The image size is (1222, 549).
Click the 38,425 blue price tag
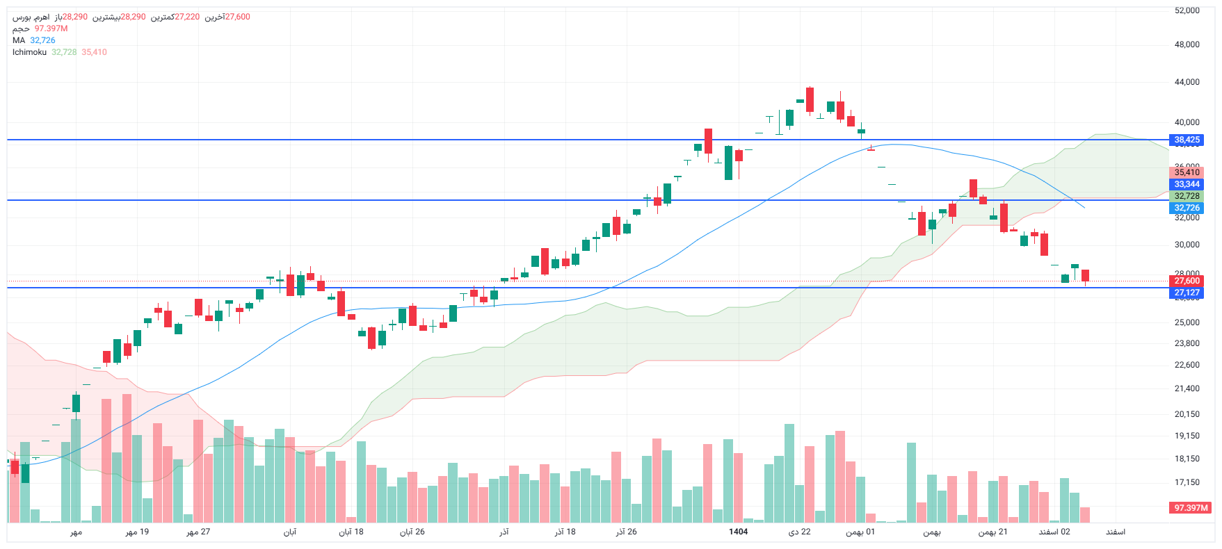pos(1187,140)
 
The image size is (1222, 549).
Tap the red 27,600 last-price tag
pos(1187,281)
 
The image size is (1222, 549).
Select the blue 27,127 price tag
pos(1187,293)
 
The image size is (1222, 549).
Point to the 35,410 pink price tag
pos(1187,172)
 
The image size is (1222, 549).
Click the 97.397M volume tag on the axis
pos(1191,508)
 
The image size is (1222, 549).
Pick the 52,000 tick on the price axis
pos(1187,10)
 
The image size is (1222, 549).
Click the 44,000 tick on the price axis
pos(1187,82)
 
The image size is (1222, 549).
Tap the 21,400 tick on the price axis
pos(1187,388)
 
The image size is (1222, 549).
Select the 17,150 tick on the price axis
pos(1187,482)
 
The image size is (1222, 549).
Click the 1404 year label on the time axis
pos(738,532)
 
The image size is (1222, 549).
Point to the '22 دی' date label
pos(799,532)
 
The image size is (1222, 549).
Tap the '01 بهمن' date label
pos(860,532)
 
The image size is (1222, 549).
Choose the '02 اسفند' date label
pos(1054,532)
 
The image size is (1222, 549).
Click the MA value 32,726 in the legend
pos(42,40)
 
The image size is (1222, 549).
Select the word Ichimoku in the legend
pos(29,52)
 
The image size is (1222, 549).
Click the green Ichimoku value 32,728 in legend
pos(64,52)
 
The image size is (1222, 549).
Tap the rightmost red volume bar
pos(1085,514)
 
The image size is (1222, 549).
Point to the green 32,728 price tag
pos(1187,196)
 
